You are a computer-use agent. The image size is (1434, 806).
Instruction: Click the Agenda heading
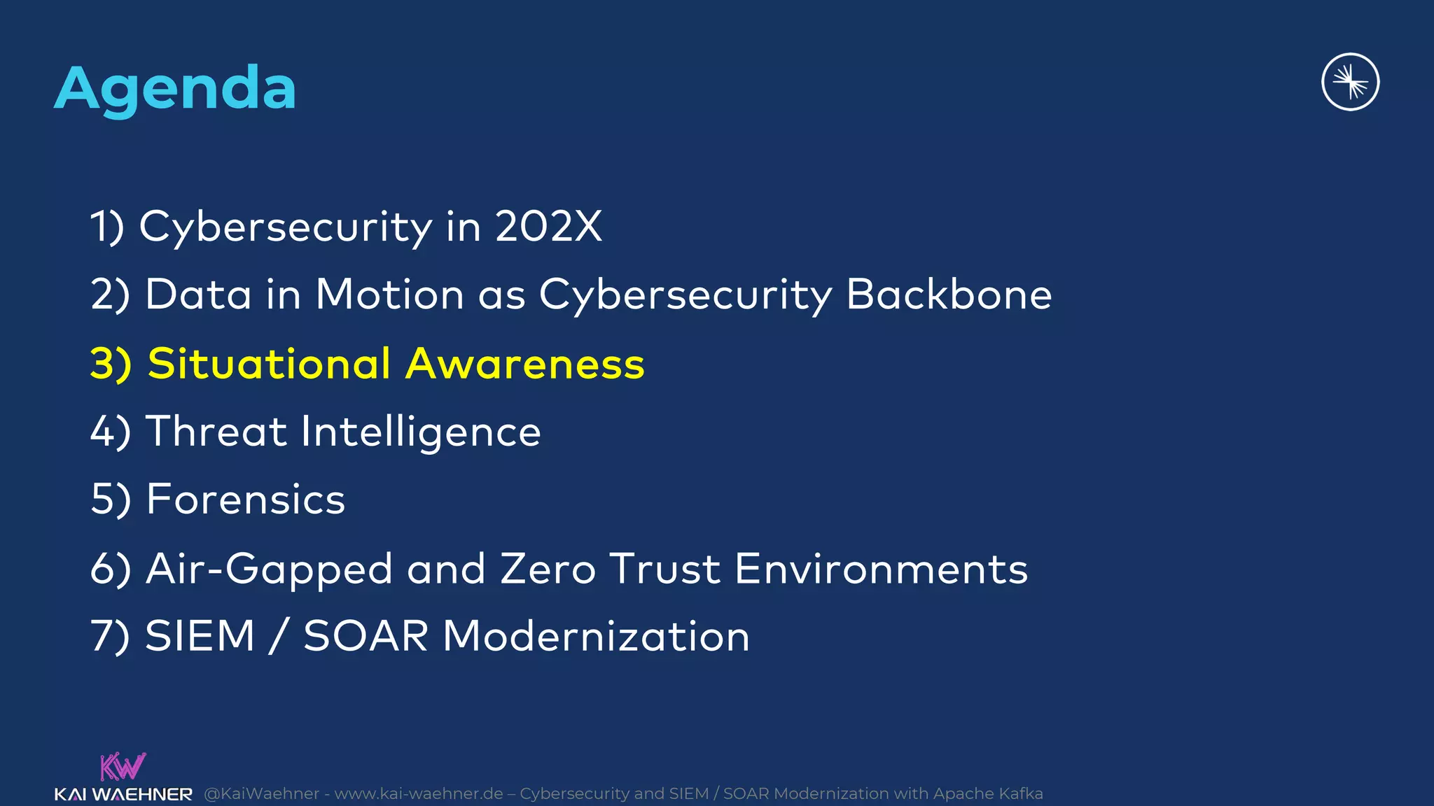pyautogui.click(x=175, y=89)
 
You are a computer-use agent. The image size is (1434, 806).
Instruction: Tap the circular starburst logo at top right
pyautogui.click(x=1350, y=82)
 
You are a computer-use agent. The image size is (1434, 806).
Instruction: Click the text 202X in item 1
pyautogui.click(x=548, y=227)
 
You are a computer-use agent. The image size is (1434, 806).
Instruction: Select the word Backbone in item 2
pyautogui.click(x=949, y=295)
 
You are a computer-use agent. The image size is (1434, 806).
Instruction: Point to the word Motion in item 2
pyautogui.click(x=389, y=295)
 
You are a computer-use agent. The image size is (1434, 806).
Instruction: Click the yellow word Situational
pyautogui.click(x=269, y=364)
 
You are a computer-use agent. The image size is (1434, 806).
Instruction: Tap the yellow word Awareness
pyautogui.click(x=525, y=364)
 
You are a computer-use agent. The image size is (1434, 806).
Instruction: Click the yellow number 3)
pyautogui.click(x=111, y=364)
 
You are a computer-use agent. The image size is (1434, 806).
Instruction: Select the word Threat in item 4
pyautogui.click(x=216, y=431)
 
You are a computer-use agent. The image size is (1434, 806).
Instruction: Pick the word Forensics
pyautogui.click(x=246, y=500)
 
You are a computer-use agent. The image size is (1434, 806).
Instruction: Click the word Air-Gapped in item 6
pyautogui.click(x=269, y=570)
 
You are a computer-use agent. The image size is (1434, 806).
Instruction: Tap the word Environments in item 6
pyautogui.click(x=881, y=568)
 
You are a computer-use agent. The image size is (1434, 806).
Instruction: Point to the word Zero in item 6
pyautogui.click(x=548, y=568)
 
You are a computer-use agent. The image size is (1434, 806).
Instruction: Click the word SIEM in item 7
pyautogui.click(x=200, y=636)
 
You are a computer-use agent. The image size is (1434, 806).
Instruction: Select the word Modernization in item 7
pyautogui.click(x=596, y=636)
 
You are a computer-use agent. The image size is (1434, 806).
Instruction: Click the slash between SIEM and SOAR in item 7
pyautogui.click(x=279, y=636)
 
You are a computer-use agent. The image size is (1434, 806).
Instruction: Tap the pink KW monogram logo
pyautogui.click(x=123, y=767)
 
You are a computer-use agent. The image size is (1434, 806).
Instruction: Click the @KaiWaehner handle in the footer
pyautogui.click(x=262, y=793)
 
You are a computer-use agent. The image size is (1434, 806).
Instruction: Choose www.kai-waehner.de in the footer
pyautogui.click(x=419, y=793)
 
